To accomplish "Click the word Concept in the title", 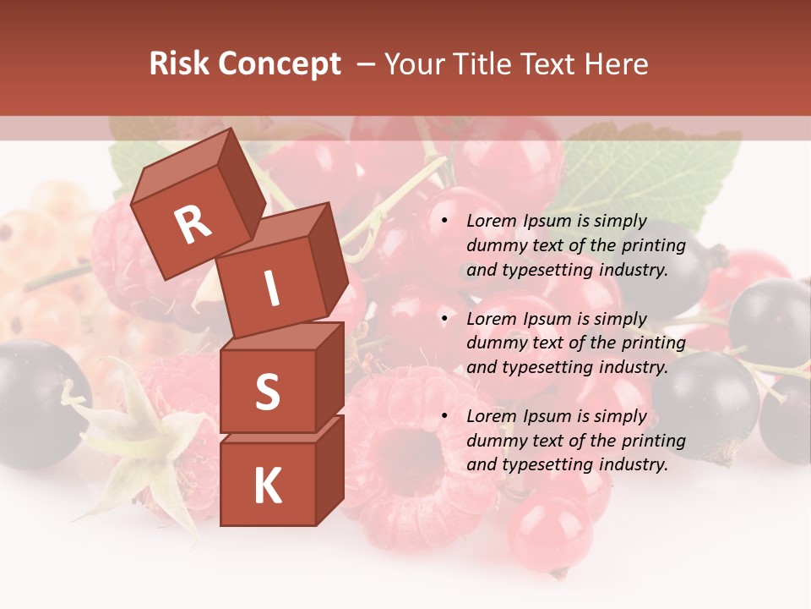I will click(279, 65).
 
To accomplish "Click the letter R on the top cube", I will click(193, 225).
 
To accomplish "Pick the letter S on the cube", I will click(267, 392).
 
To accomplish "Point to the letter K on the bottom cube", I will click(267, 486).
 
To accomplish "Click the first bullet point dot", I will click(445, 222).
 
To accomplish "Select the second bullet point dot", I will click(445, 319).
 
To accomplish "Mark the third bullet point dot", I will click(445, 416).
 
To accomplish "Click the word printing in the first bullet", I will click(653, 246).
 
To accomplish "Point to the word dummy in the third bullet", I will click(494, 441).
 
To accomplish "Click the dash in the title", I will click(366, 64).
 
